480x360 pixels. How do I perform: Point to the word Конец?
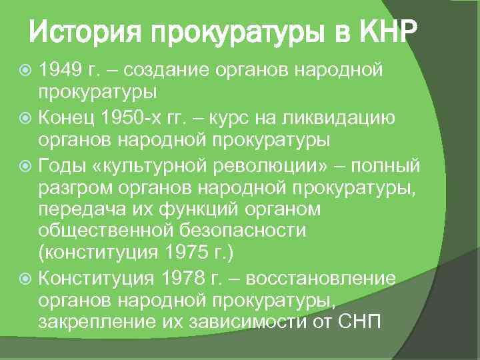(69, 119)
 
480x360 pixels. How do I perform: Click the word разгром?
(69, 189)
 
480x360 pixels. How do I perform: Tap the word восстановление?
(328, 278)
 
